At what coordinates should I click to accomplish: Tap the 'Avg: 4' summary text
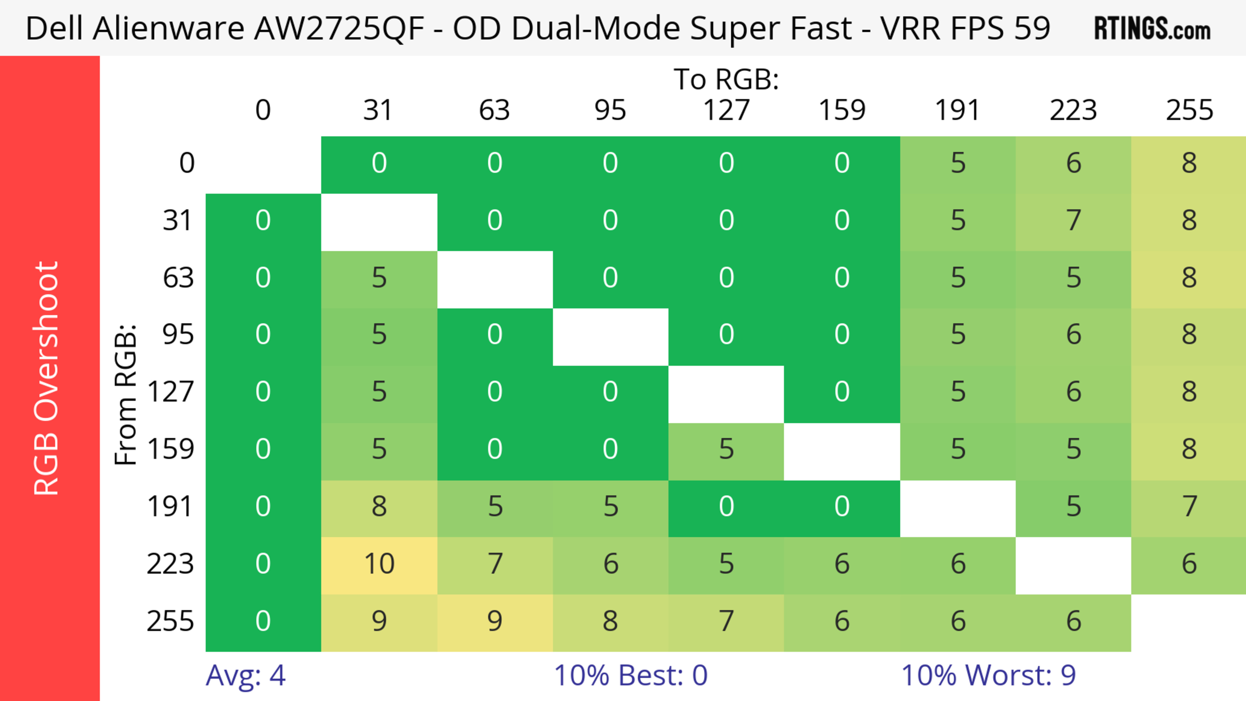245,675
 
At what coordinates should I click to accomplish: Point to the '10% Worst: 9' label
988,675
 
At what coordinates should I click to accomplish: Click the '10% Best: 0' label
630,675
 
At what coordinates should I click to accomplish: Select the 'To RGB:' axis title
726,79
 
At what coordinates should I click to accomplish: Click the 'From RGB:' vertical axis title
125,394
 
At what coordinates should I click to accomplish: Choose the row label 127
171,392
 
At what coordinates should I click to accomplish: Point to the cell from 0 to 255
1189,164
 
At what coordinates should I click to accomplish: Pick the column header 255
1189,110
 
